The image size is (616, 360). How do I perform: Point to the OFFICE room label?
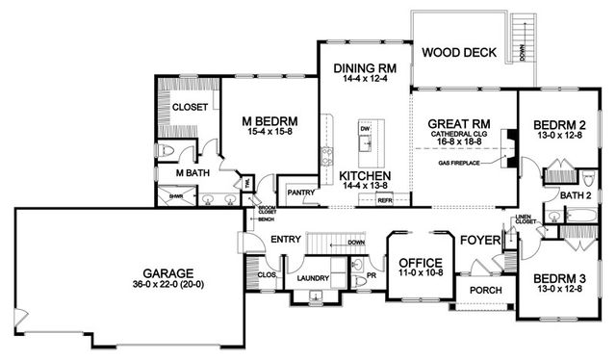pos(419,263)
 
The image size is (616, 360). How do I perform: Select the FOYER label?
pos(477,239)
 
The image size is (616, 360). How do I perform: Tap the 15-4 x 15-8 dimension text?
pos(268,132)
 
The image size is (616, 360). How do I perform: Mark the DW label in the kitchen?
pos(365,128)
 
